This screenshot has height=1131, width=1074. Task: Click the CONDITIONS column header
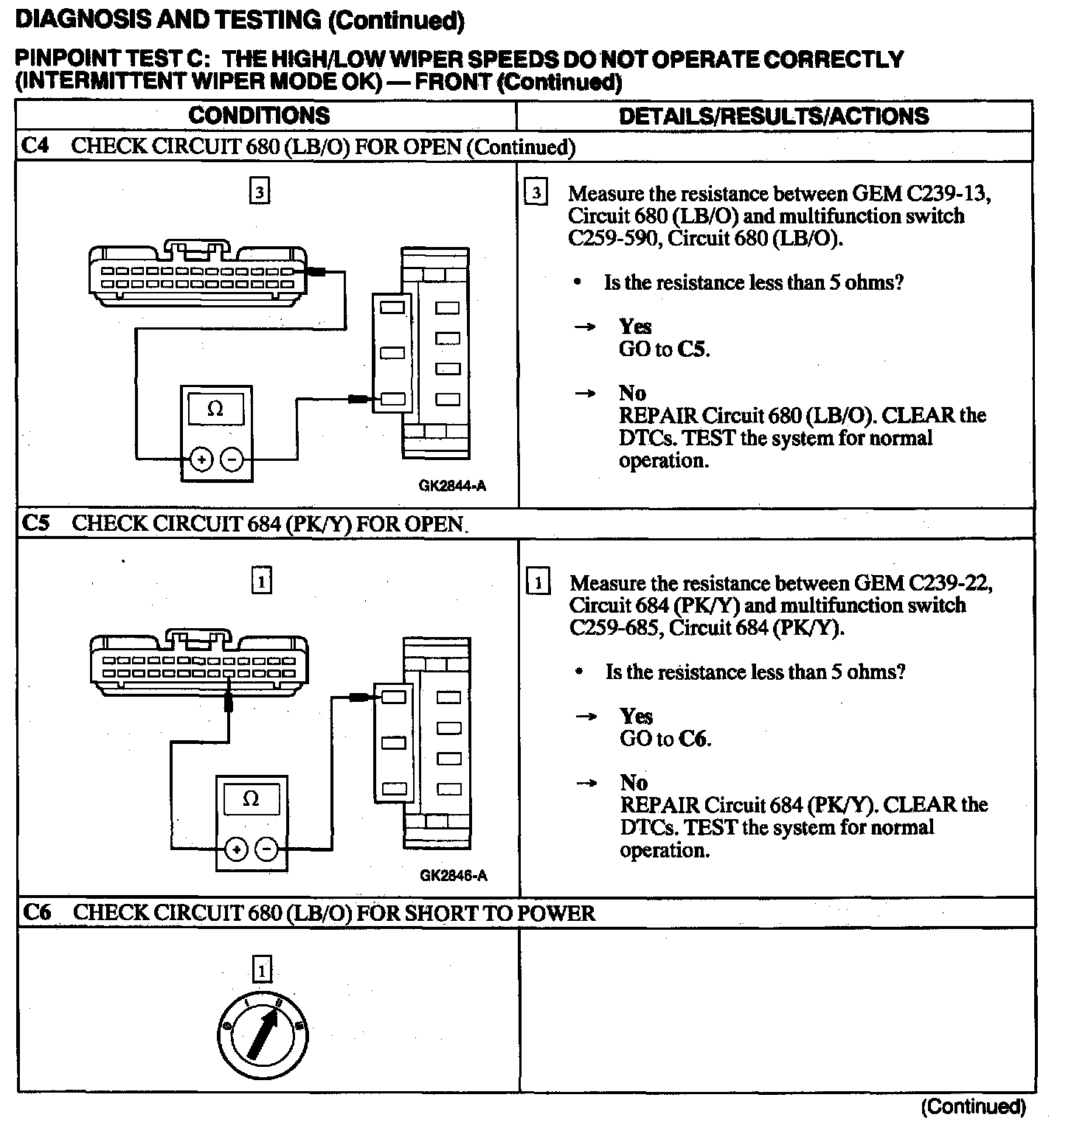[259, 116]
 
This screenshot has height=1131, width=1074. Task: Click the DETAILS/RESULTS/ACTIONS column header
[774, 116]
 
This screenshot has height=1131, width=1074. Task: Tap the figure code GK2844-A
[452, 486]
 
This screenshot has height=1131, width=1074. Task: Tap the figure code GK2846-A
[453, 876]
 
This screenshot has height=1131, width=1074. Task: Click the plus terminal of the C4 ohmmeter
[201, 460]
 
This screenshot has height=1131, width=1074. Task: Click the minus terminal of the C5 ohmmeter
[266, 850]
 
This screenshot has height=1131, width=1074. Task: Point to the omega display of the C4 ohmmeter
[215, 409]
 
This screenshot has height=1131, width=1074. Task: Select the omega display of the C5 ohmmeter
[251, 799]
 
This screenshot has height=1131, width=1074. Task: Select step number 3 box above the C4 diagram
[260, 192]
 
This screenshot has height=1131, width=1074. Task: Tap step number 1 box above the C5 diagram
[262, 582]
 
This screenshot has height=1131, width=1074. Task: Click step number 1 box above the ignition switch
[262, 969]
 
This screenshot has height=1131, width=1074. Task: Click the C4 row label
[35, 146]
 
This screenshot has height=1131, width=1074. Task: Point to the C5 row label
[36, 523]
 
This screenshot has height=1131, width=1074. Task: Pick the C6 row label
[37, 913]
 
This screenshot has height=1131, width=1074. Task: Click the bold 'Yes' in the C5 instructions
[636, 716]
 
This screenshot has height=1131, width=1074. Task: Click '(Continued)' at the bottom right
[974, 1107]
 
